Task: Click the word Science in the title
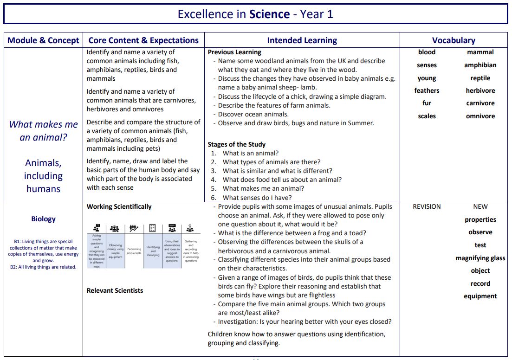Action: [269, 14]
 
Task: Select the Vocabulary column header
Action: [454, 40]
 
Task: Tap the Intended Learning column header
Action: [302, 40]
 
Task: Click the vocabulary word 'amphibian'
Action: [480, 65]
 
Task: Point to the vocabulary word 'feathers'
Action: [427, 91]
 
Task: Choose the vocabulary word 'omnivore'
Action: [480, 116]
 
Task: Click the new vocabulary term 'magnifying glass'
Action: [480, 258]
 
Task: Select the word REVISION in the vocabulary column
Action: [427, 207]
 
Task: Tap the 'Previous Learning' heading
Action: [234, 52]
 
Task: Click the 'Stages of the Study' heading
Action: [237, 144]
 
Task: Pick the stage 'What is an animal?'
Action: [251, 153]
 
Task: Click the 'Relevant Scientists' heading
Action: [115, 291]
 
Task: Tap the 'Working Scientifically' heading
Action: [119, 207]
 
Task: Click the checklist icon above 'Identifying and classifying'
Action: [152, 228]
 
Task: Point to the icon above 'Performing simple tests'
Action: [134, 228]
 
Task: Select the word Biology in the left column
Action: [43, 219]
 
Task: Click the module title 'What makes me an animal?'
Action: [43, 131]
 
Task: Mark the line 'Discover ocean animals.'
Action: [253, 114]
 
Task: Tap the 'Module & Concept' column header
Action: [43, 40]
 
